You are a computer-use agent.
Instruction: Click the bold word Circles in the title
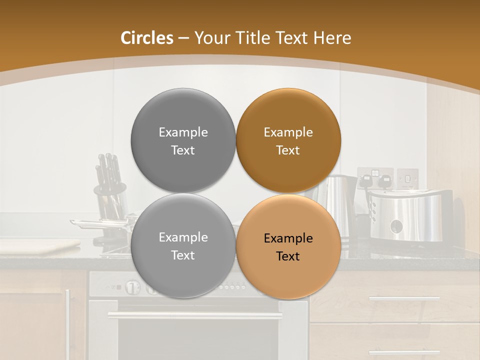click(x=147, y=38)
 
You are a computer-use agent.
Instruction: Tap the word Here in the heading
click(x=332, y=38)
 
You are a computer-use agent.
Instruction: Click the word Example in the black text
click(x=288, y=238)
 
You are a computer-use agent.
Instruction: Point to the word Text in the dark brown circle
click(x=288, y=150)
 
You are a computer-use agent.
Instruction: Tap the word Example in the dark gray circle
click(x=183, y=132)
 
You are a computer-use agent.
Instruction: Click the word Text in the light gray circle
click(x=183, y=255)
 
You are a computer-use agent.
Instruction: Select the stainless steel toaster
click(x=410, y=215)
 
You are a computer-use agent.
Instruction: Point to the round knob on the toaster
click(x=396, y=226)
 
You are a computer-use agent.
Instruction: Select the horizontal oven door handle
click(x=195, y=315)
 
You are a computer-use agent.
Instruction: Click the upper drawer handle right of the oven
click(x=404, y=298)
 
